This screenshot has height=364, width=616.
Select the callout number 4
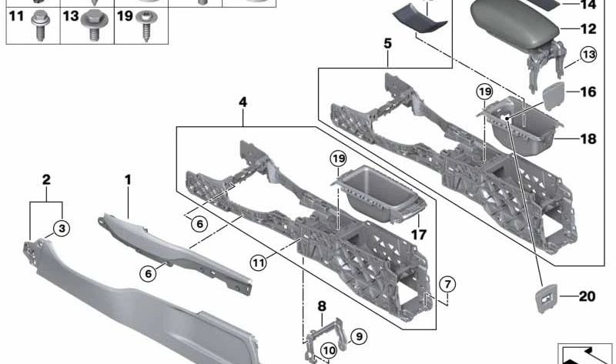(243, 100)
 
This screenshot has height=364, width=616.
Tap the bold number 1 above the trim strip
(128, 180)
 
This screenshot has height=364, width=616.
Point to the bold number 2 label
(46, 180)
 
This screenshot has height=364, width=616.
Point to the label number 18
(588, 139)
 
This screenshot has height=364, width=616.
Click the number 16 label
(588, 92)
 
